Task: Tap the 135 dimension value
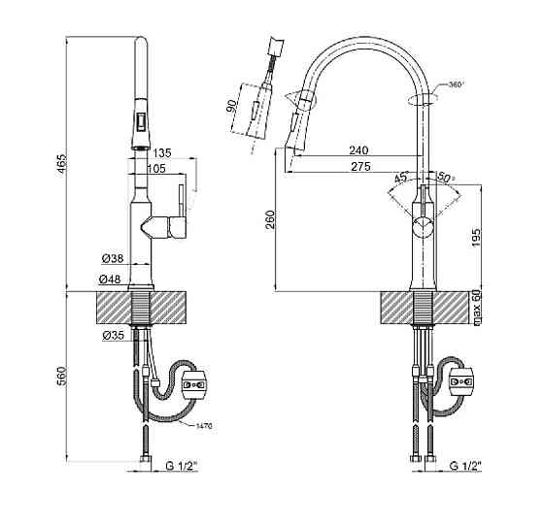(162, 152)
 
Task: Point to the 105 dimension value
(155, 168)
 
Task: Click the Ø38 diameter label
(111, 259)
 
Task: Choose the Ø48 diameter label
(111, 280)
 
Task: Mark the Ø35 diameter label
(111, 337)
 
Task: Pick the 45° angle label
(400, 178)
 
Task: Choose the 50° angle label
(446, 178)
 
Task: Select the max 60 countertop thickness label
(477, 311)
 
